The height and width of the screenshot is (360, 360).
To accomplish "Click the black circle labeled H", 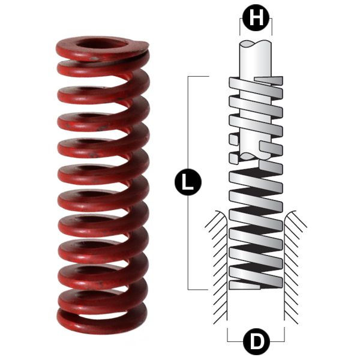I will pyautogui.click(x=256, y=19).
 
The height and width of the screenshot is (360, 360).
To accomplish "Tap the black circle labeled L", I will pyautogui.click(x=188, y=182).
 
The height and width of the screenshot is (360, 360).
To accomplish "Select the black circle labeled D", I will pyautogui.click(x=256, y=343).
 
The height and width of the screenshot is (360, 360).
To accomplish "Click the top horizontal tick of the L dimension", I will pyautogui.click(x=198, y=77).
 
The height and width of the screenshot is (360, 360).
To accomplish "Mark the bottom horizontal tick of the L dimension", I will pyautogui.click(x=198, y=289).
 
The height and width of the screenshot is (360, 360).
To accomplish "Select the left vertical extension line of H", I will pyautogui.click(x=240, y=27).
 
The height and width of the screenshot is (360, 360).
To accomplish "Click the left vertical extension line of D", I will pyautogui.click(x=227, y=333).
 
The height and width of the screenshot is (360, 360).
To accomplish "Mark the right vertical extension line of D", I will pyautogui.click(x=284, y=333).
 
